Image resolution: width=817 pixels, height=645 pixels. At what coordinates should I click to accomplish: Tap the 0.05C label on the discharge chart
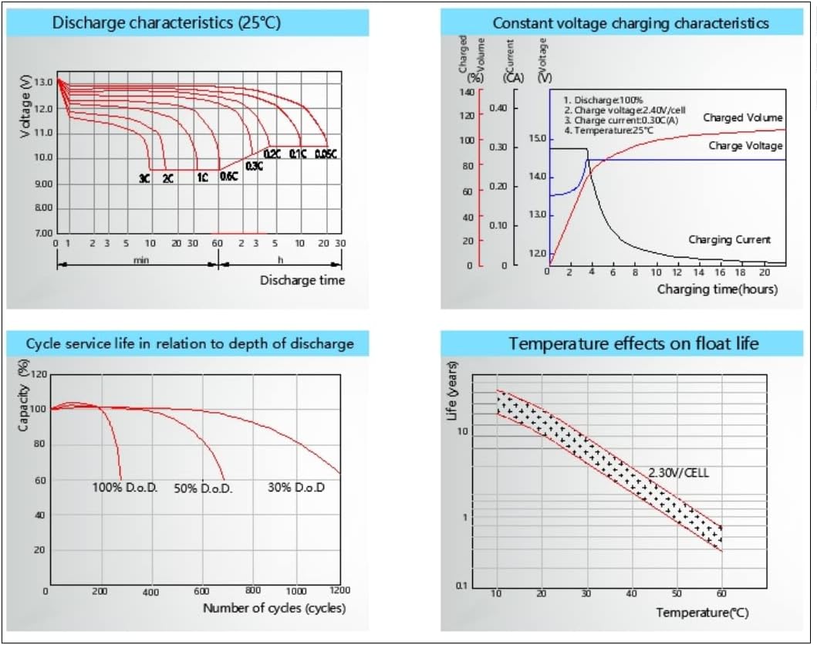tap(326, 154)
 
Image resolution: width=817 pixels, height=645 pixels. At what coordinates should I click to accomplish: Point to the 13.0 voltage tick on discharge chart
tap(44, 82)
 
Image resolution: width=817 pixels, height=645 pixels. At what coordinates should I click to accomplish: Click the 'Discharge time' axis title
tap(302, 280)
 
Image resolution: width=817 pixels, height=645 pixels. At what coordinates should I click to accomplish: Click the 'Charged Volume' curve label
tap(742, 118)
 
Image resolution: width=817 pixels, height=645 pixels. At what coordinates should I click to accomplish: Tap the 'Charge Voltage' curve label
tap(745, 146)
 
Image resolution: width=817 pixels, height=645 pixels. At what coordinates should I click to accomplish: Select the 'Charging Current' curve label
tap(729, 240)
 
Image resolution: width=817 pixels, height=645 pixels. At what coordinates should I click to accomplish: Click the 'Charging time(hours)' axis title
tap(717, 289)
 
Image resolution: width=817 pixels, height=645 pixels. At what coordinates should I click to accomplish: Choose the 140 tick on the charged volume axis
tap(466, 92)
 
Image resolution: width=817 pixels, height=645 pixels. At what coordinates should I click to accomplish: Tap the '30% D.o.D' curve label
tap(296, 488)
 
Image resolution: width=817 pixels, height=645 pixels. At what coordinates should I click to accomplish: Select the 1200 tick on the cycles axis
tap(339, 590)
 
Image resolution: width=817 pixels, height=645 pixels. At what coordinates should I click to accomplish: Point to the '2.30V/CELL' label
tap(677, 472)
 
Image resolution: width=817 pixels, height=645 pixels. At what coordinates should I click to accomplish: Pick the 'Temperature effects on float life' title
tap(633, 343)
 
